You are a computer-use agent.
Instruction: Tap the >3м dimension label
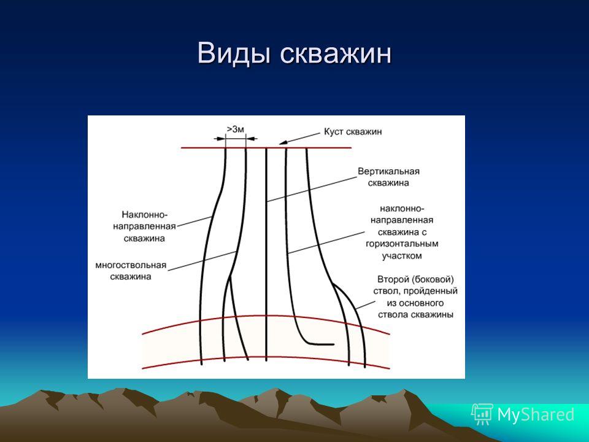coord(235,130)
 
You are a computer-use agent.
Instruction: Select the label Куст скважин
coord(353,132)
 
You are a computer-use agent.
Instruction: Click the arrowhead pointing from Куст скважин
coord(283,142)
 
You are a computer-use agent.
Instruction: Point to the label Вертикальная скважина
coord(388,177)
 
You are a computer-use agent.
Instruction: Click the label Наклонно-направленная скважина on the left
coord(144,227)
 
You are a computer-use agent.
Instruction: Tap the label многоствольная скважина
coord(130,271)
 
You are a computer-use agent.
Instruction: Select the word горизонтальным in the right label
coord(402,244)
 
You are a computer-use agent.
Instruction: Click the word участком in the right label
coord(402,256)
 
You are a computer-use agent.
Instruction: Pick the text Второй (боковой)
coord(415,280)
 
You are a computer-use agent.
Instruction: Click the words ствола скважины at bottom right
coord(415,314)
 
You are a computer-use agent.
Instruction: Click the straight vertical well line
coord(266,254)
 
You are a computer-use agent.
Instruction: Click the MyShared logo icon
coord(482,414)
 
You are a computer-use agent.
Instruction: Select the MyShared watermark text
coord(536,414)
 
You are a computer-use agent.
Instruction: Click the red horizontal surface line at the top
coord(266,148)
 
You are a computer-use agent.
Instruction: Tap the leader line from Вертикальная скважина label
coord(312,190)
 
